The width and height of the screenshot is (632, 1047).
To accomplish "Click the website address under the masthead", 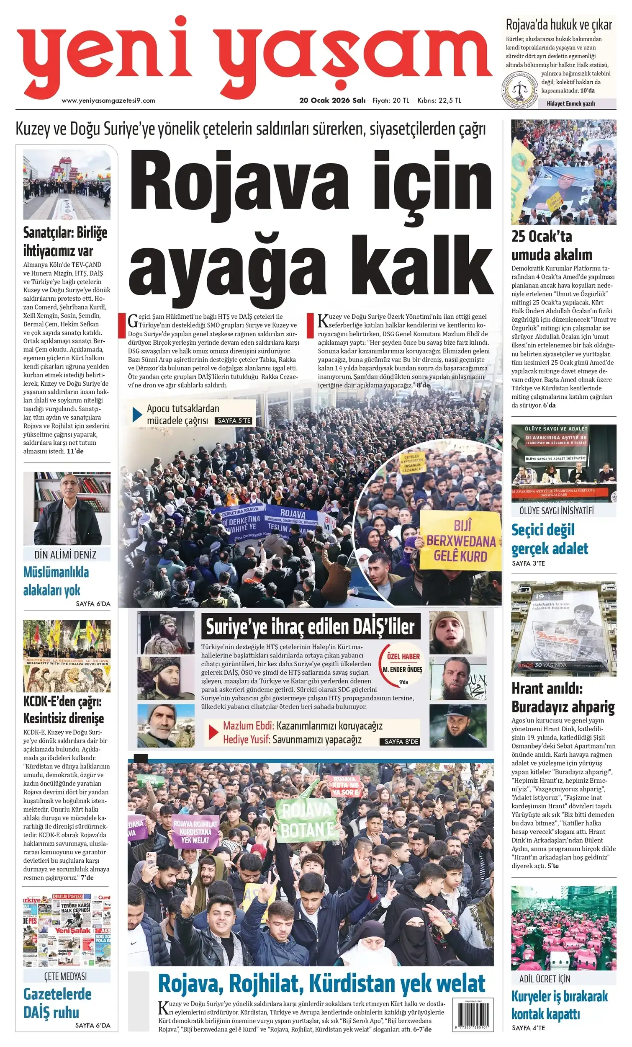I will pos(108,101).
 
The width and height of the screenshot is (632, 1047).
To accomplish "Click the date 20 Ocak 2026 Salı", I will pos(332,101).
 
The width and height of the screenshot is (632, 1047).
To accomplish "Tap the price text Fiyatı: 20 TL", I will pos(391,101).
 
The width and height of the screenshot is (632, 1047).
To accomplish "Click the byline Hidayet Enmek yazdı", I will pos(570,103).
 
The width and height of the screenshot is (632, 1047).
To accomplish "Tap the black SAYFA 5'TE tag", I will pos(234,420).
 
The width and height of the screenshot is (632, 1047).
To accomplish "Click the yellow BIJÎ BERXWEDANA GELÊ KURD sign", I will pos(460,541).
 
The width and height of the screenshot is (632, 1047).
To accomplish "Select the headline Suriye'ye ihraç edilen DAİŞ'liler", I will pos(310,627).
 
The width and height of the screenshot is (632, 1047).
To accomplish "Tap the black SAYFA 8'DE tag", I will pos(401,742).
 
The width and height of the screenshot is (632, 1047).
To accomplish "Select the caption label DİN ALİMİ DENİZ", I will pos(65,554).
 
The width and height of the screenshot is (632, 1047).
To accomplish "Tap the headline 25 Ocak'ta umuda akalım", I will pos(551,245).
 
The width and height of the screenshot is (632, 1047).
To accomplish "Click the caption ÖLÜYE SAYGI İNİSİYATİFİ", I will pos(556,511).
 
